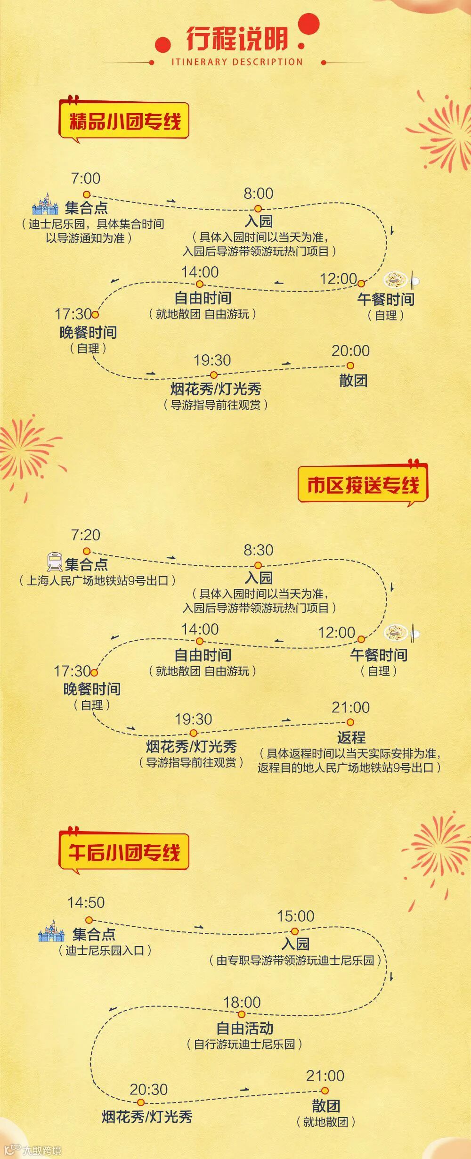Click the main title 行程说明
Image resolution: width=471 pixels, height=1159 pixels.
point(237,39)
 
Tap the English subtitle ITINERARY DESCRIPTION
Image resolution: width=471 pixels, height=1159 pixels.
point(237,62)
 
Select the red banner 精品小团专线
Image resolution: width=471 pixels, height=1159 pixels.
point(124,121)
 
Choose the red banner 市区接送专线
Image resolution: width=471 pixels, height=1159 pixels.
point(363,485)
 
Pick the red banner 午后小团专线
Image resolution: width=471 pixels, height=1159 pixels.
point(124,852)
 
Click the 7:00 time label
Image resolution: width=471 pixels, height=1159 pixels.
point(85,179)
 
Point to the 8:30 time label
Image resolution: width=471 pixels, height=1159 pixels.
point(258,550)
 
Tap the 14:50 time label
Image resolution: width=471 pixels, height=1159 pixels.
point(86,902)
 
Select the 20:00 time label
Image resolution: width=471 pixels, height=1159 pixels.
point(350,351)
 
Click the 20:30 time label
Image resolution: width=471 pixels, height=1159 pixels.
point(148,1089)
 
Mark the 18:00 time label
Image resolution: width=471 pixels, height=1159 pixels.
point(242,1002)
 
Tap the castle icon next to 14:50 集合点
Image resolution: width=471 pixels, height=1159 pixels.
point(51,931)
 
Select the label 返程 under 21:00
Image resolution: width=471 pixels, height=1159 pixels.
point(351,737)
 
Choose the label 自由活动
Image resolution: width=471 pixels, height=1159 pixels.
point(244,1028)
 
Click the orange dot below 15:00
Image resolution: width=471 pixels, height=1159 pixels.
point(295,931)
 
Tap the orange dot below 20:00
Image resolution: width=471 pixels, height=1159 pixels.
point(350,366)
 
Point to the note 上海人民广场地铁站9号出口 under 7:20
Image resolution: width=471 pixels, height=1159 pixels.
point(97,580)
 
